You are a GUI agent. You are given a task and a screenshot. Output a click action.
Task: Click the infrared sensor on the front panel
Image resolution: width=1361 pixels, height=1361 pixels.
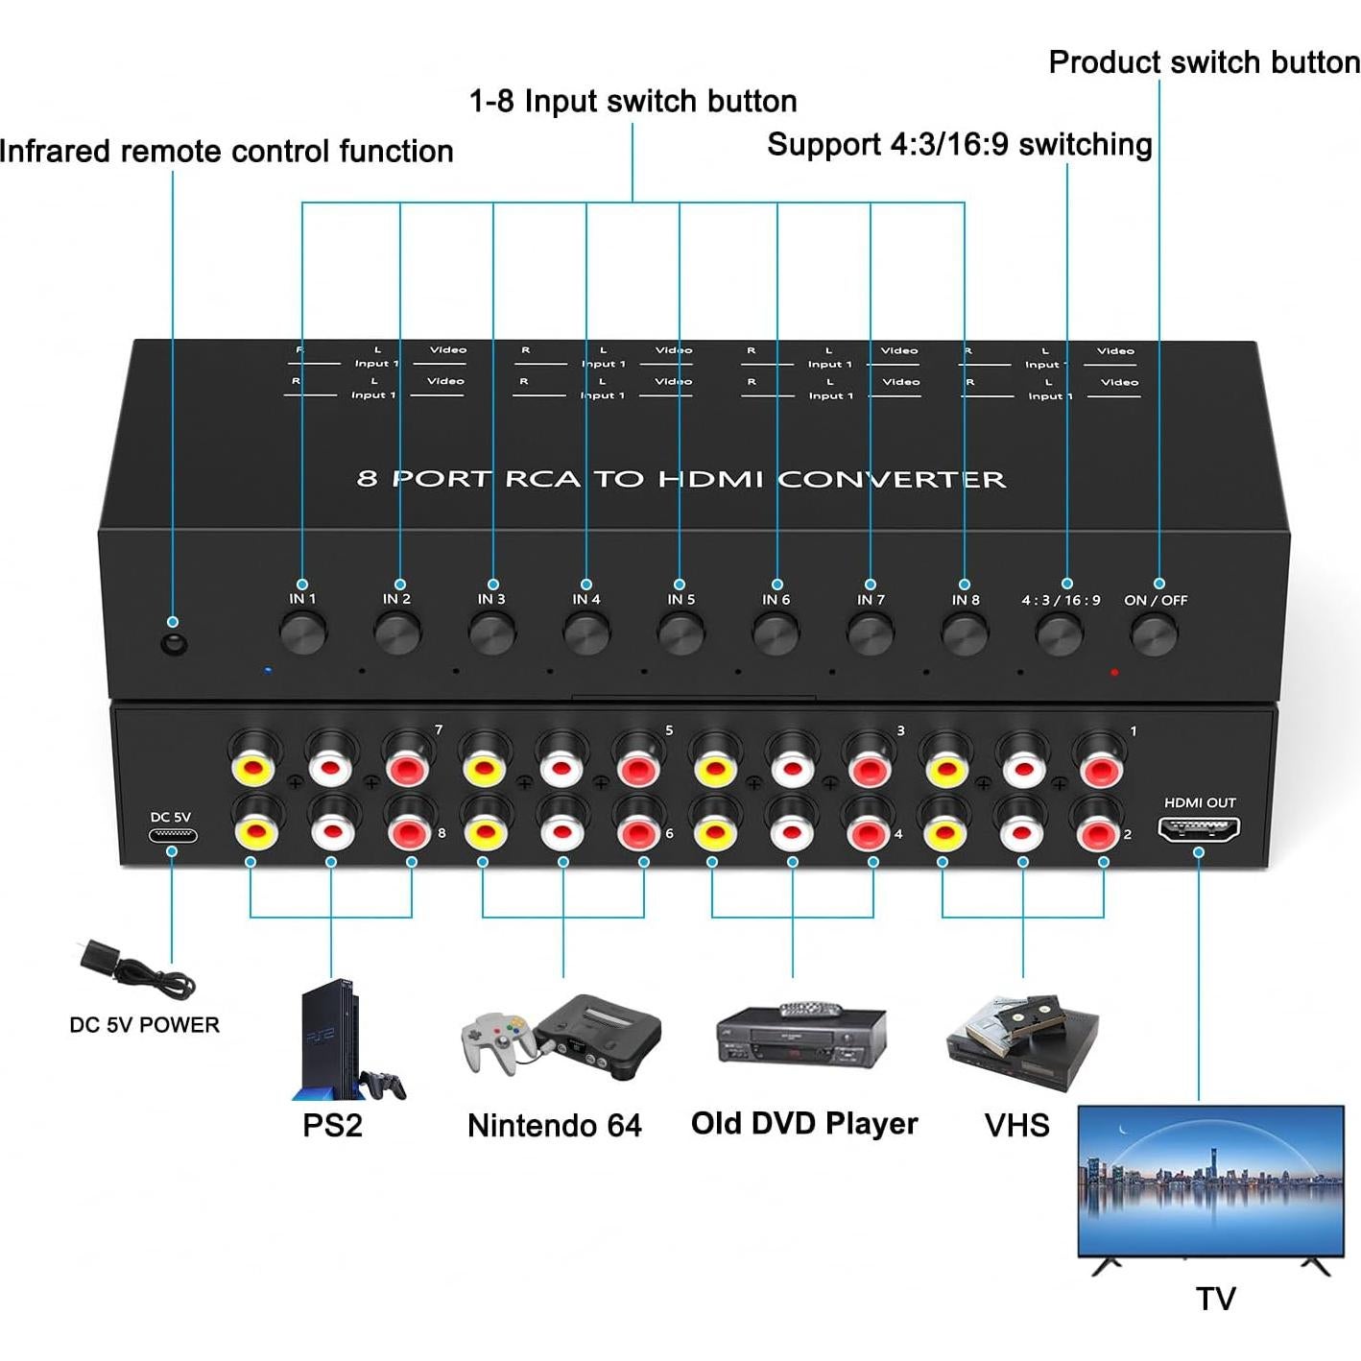click(x=174, y=644)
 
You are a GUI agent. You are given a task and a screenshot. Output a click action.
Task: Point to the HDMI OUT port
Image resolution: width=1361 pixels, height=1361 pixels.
click(x=1199, y=828)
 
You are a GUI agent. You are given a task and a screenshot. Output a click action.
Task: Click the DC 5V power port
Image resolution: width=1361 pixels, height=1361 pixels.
click(x=173, y=835)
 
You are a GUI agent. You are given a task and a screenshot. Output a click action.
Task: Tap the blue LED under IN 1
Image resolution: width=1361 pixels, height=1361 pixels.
click(x=268, y=670)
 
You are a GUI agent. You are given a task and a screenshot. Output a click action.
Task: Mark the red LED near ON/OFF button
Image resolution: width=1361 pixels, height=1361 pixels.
click(x=1114, y=672)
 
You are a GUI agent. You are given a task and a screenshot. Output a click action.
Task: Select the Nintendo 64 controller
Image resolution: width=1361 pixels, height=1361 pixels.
click(x=495, y=1041)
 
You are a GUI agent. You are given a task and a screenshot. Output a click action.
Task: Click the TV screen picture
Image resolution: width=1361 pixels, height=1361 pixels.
click(x=1210, y=1180)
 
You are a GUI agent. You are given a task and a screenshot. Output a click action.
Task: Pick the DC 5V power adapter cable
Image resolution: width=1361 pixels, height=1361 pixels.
click(x=134, y=969)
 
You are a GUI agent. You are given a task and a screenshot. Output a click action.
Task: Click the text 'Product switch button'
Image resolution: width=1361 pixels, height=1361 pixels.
click(x=1204, y=62)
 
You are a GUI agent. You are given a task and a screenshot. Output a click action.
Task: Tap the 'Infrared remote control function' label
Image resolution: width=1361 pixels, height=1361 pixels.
click(x=227, y=152)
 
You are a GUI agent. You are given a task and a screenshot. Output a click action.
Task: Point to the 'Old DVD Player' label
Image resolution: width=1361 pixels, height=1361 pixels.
click(x=804, y=1123)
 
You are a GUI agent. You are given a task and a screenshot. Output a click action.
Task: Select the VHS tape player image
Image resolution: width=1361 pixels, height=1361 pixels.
click(x=1023, y=1041)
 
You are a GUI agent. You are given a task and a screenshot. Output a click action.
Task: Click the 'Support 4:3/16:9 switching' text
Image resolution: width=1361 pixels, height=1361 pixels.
click(x=960, y=145)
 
